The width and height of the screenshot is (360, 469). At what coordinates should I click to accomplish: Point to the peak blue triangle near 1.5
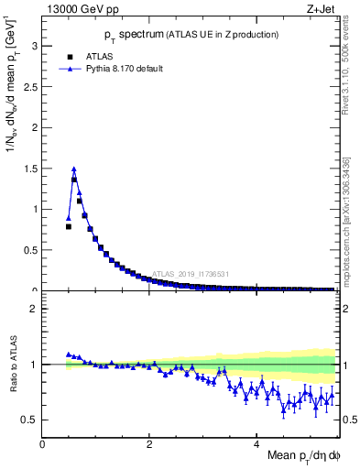[73, 169]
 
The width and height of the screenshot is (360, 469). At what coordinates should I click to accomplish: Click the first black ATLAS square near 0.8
[69, 226]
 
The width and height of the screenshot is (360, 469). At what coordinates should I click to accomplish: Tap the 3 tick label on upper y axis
[34, 45]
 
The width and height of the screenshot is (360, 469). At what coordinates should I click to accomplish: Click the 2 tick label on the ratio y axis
[34, 309]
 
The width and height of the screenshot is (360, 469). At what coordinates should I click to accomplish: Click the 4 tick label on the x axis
[256, 444]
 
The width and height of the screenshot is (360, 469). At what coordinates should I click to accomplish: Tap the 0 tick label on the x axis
[42, 444]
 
